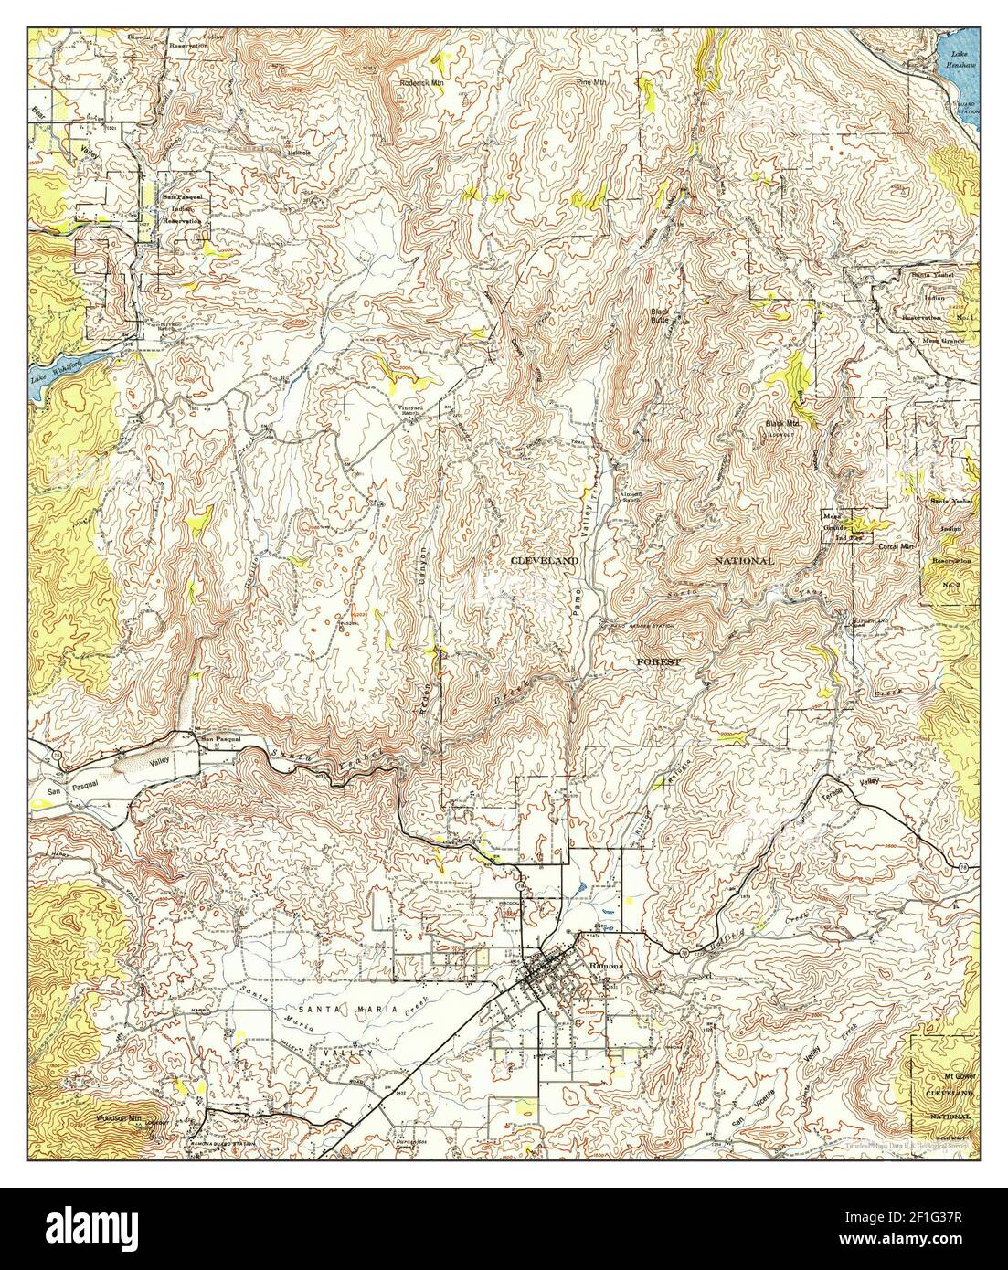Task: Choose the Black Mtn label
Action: [782, 425]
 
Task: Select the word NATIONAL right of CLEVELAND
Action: [744, 560]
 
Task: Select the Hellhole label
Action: [298, 153]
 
